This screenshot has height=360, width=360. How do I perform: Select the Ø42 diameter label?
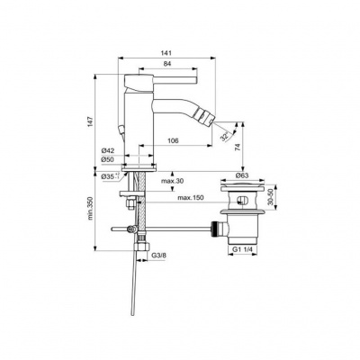click(x=107, y=149)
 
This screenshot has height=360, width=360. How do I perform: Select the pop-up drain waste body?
click(x=240, y=220)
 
